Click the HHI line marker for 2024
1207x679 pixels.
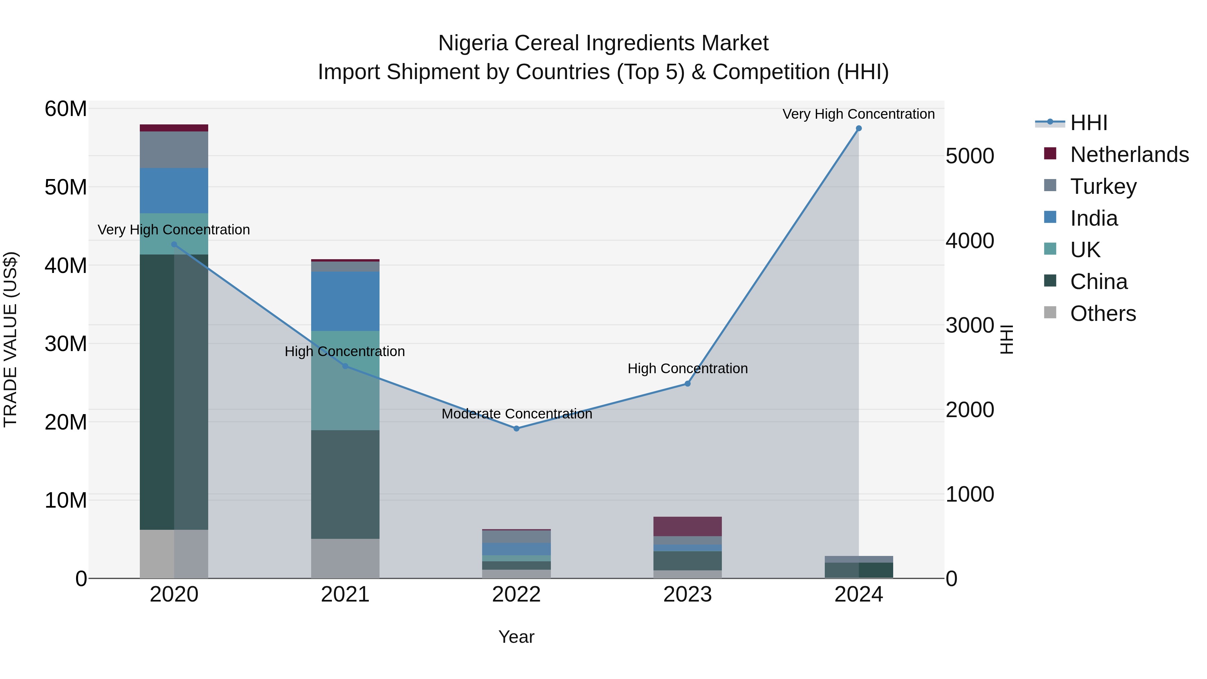[858, 128]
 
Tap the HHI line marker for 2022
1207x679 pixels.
[516, 428]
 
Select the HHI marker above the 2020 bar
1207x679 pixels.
[174, 245]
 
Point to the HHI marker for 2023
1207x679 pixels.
[687, 384]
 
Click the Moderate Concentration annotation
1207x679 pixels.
[516, 414]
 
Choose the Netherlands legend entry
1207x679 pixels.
[1129, 155]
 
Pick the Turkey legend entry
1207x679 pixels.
[1103, 186]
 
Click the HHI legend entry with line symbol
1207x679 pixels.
[1088, 123]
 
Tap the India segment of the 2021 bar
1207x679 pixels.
[345, 301]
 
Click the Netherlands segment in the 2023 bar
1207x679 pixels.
[687, 526]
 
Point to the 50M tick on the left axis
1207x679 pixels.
[66, 187]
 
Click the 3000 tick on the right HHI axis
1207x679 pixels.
[969, 325]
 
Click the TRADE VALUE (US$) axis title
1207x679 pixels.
[10, 339]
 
